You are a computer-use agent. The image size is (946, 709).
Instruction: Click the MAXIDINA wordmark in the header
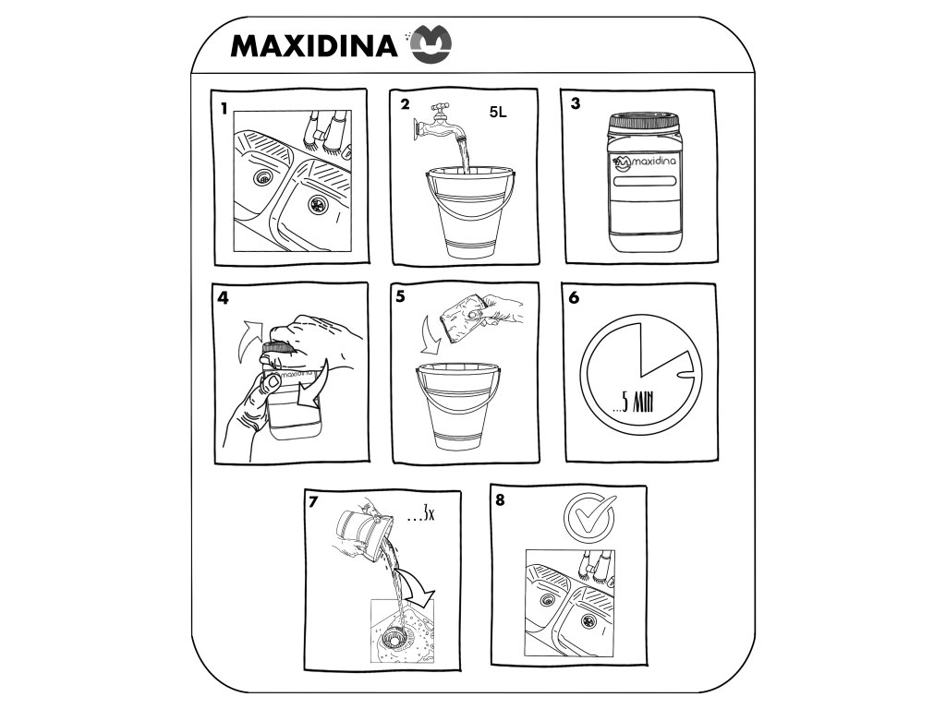coord(314,46)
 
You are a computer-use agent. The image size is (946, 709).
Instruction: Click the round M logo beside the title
coord(431,44)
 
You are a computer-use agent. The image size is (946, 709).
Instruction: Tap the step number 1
coord(224,109)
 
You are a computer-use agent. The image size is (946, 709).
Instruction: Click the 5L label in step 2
coord(498,112)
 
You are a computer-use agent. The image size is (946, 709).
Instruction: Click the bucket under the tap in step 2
coord(470,211)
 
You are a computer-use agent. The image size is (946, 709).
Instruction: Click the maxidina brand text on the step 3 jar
coord(651,162)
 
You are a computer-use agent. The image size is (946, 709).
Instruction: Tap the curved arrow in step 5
coord(431,336)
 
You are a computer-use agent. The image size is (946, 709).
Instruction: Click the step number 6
coord(574,298)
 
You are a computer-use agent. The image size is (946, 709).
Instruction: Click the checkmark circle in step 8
coord(588,516)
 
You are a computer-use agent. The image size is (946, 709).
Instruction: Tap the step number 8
coord(500,500)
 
